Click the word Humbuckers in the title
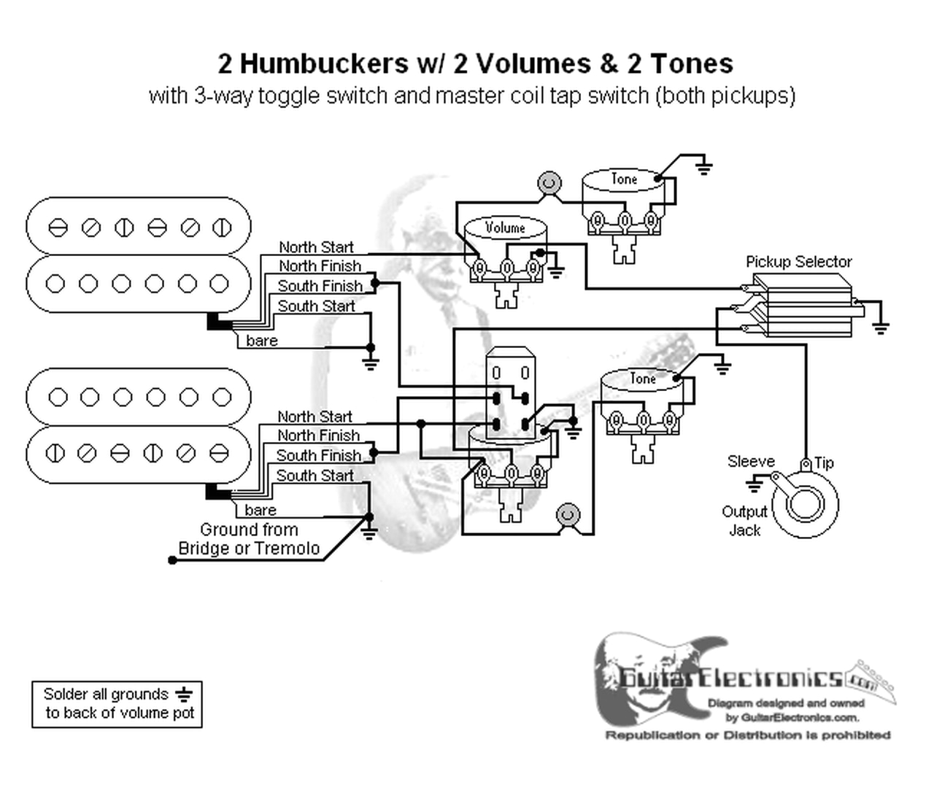pos(324,64)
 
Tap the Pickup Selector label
pos(798,262)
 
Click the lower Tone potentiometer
pos(642,398)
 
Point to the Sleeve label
pos(751,462)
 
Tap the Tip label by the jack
pos(824,463)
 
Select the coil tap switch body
pos(510,394)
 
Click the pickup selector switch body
pos(803,306)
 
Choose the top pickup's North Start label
pos(316,247)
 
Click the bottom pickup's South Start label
pos(314,476)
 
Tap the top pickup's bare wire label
pos(262,341)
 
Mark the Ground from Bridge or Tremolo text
pos(249,539)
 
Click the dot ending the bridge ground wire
pos(172,560)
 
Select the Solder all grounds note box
pos(117,704)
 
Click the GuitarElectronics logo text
pos(730,678)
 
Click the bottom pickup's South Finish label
pos(318,455)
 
